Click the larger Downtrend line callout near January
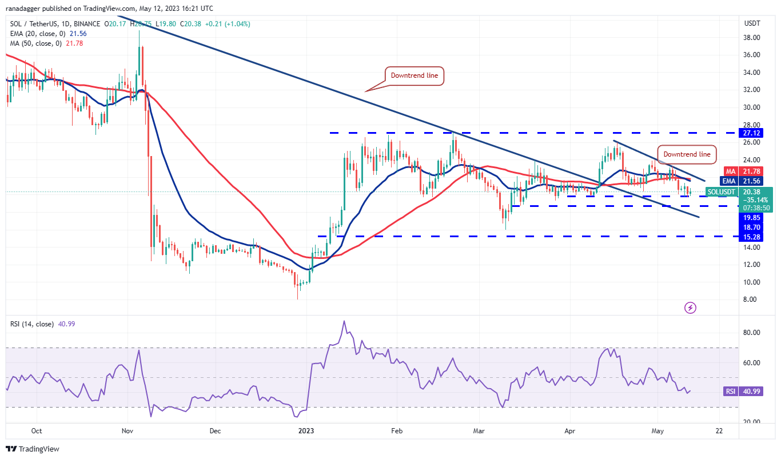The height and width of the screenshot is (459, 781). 413,75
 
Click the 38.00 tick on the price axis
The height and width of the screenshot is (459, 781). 751,38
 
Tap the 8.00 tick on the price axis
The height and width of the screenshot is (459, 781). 751,300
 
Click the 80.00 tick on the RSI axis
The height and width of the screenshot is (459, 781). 751,333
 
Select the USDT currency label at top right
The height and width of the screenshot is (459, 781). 751,23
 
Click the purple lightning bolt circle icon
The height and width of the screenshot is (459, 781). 690,308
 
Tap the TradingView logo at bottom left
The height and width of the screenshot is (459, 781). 33,449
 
